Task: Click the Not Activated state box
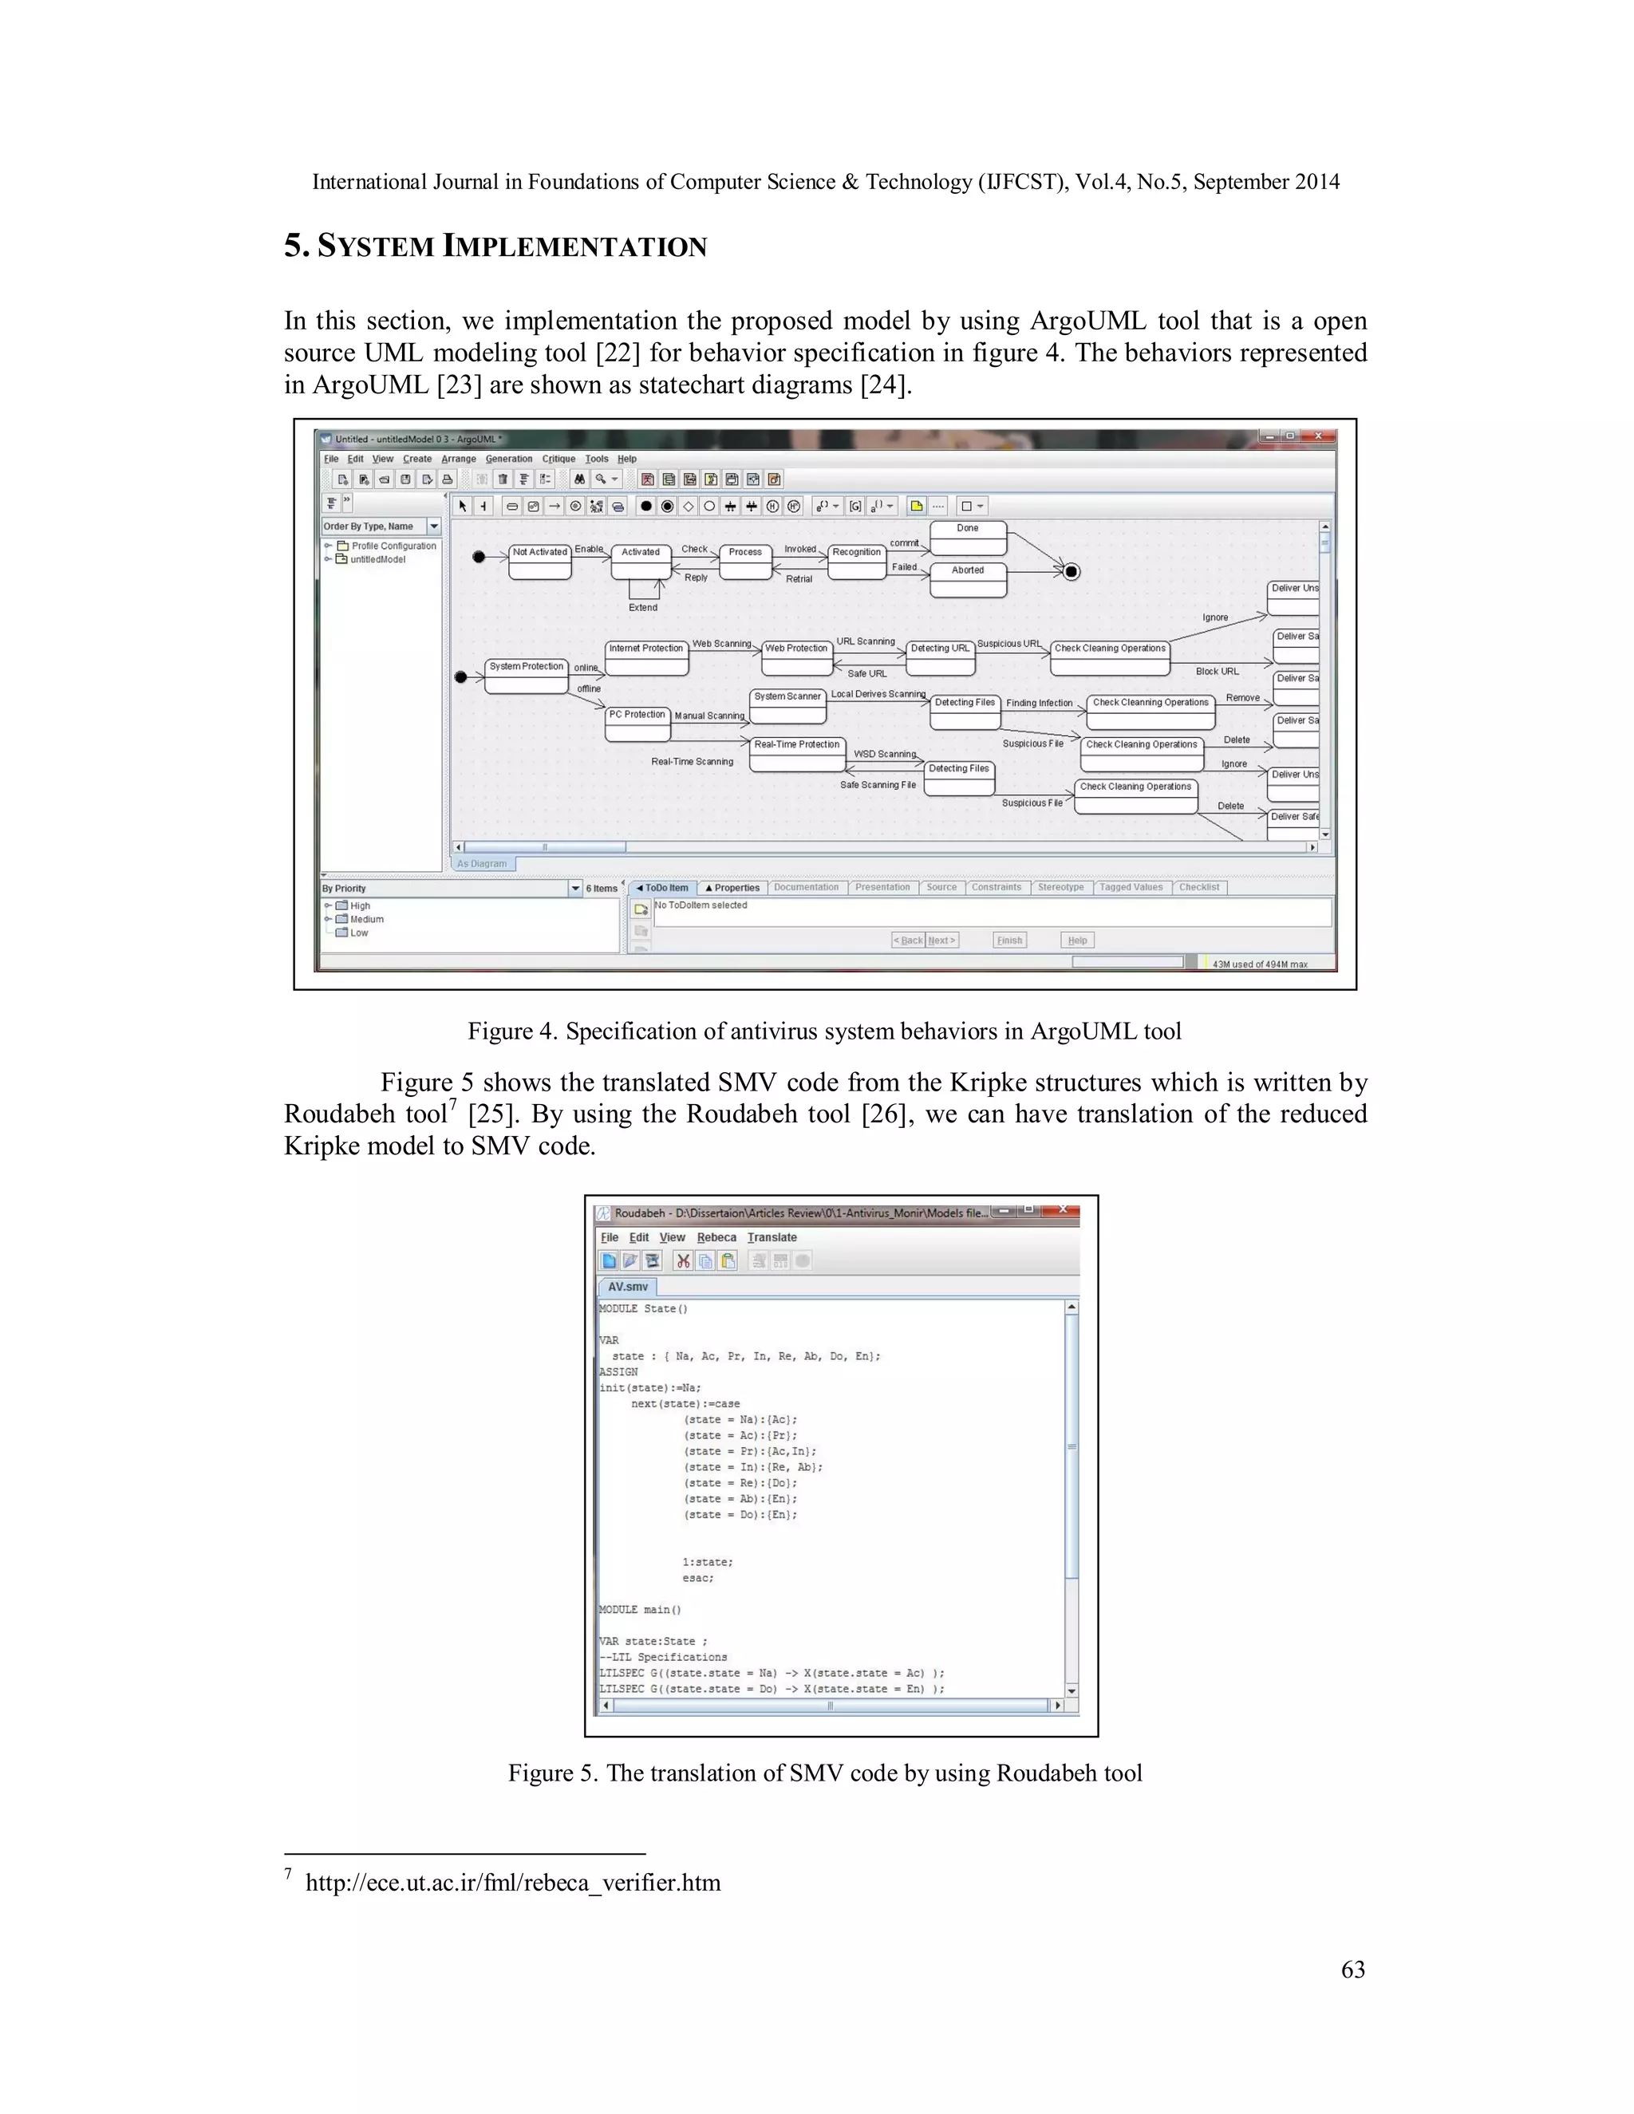tap(539, 562)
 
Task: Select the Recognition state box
tap(857, 562)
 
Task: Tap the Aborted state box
tap(967, 579)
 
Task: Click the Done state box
tap(967, 537)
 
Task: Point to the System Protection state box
tap(526, 676)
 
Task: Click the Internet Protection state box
tap(645, 657)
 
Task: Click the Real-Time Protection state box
tap(797, 754)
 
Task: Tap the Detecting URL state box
tap(939, 657)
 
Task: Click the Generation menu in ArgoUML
tap(508, 459)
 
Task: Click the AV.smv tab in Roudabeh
tap(627, 1287)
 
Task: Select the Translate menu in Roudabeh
tap(772, 1237)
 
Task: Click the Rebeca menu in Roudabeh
tap(716, 1237)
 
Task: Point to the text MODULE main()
tap(640, 1610)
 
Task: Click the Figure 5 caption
tap(825, 1773)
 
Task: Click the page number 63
tap(1352, 1969)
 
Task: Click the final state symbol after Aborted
tap(1071, 571)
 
